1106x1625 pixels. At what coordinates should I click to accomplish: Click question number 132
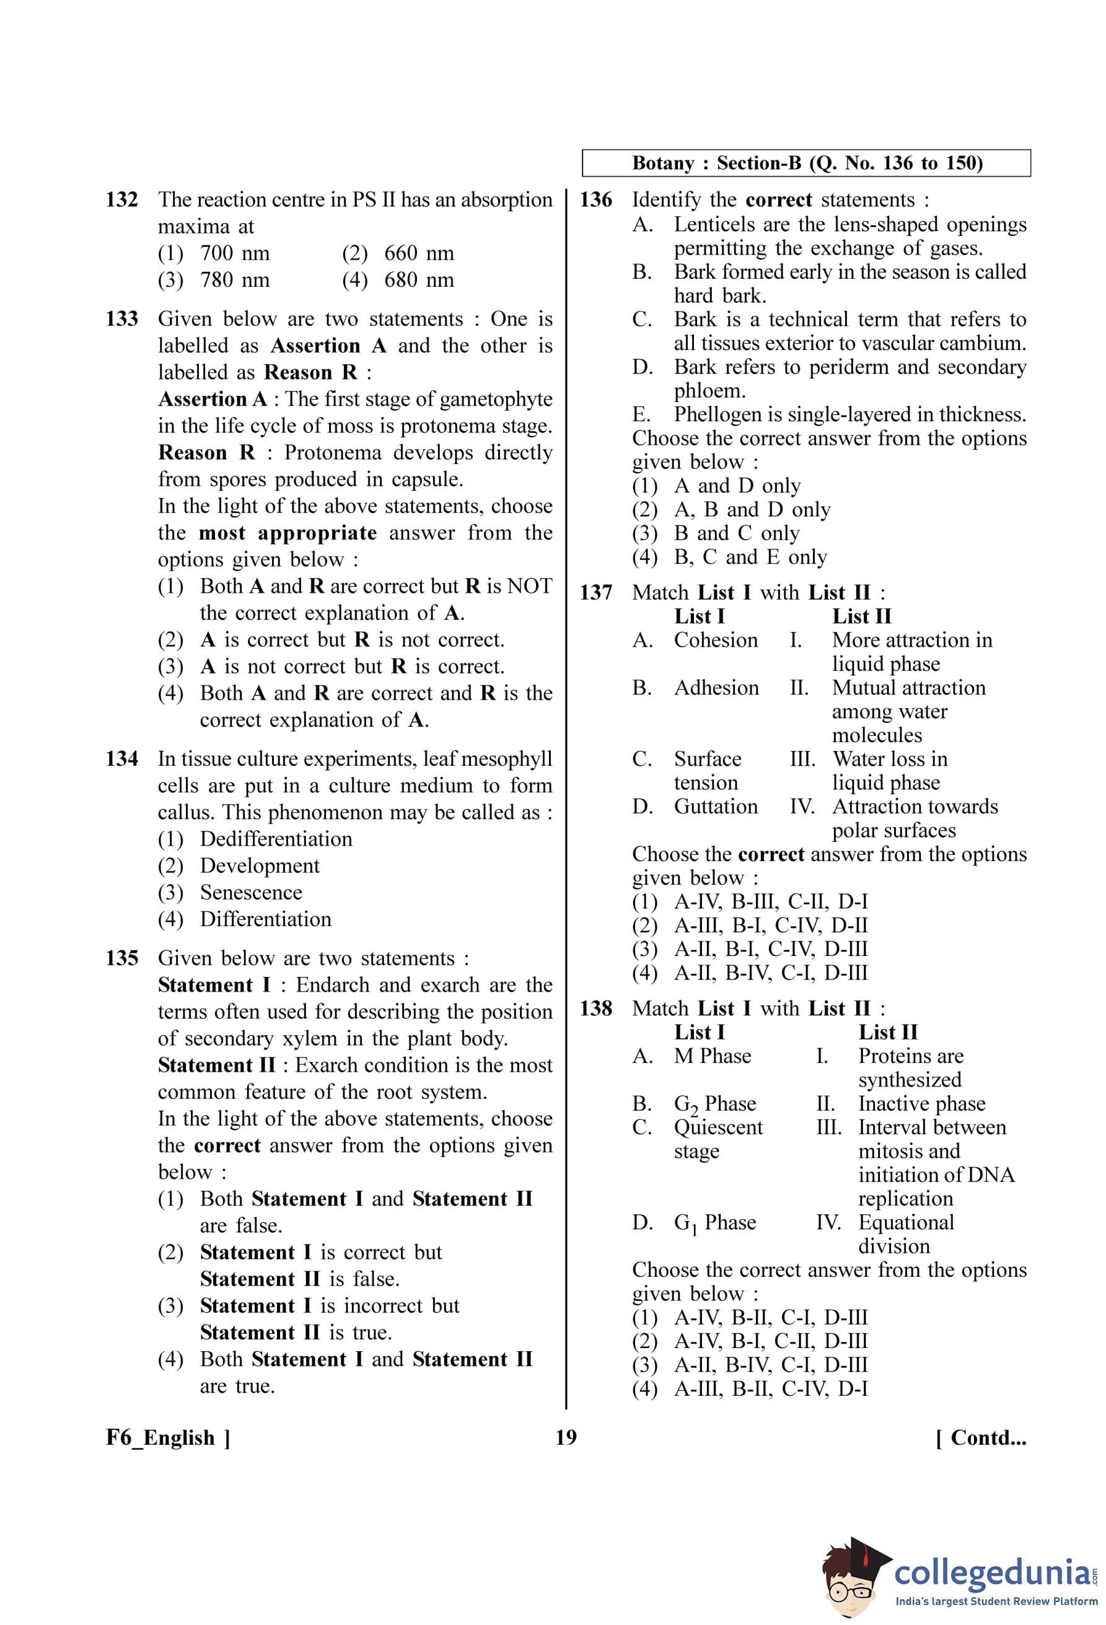121,200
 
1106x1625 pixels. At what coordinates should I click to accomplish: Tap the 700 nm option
234,253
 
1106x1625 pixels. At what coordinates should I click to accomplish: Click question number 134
121,759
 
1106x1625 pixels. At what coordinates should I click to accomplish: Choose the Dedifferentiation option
276,839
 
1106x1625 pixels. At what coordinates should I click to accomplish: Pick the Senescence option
251,892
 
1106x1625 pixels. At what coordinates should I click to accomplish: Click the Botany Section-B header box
806,163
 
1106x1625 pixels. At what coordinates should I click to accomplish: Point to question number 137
595,593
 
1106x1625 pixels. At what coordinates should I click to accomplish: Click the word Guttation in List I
715,807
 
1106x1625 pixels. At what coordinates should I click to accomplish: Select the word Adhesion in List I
716,688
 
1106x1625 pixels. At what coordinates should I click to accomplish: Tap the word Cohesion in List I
715,641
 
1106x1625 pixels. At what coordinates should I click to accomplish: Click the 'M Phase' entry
712,1056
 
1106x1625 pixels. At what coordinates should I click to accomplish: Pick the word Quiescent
718,1127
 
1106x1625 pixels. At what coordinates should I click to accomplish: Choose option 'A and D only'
737,486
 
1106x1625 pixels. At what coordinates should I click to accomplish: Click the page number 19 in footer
566,1438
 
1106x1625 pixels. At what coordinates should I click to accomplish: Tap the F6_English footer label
168,1438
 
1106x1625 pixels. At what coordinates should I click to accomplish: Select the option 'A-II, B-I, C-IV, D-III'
770,950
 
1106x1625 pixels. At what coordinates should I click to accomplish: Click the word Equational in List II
905,1222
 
